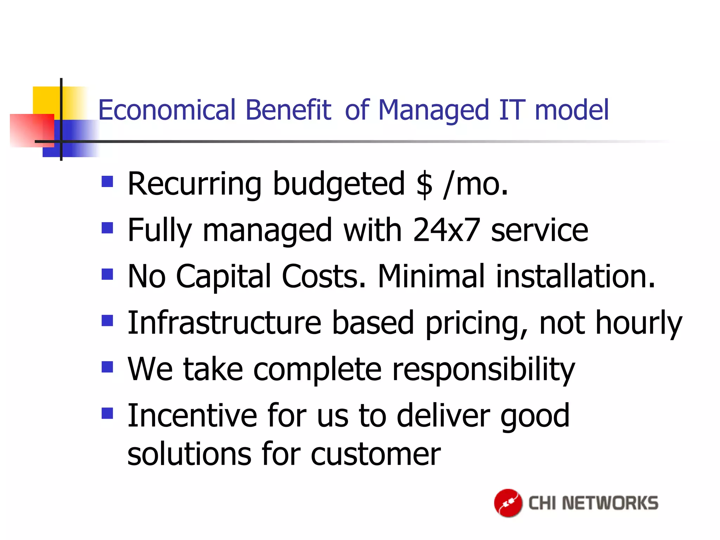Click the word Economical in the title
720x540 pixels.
167,110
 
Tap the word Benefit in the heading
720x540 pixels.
288,110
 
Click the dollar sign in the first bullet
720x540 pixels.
424,184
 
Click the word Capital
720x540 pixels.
223,277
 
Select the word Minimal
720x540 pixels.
431,277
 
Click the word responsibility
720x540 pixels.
483,370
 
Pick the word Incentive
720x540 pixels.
192,416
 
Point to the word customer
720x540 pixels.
375,454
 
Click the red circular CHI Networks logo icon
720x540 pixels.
508,503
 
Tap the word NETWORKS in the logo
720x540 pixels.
610,503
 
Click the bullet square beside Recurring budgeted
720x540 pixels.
107,182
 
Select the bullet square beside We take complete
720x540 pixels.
107,367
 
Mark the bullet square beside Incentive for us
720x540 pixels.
107,413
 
